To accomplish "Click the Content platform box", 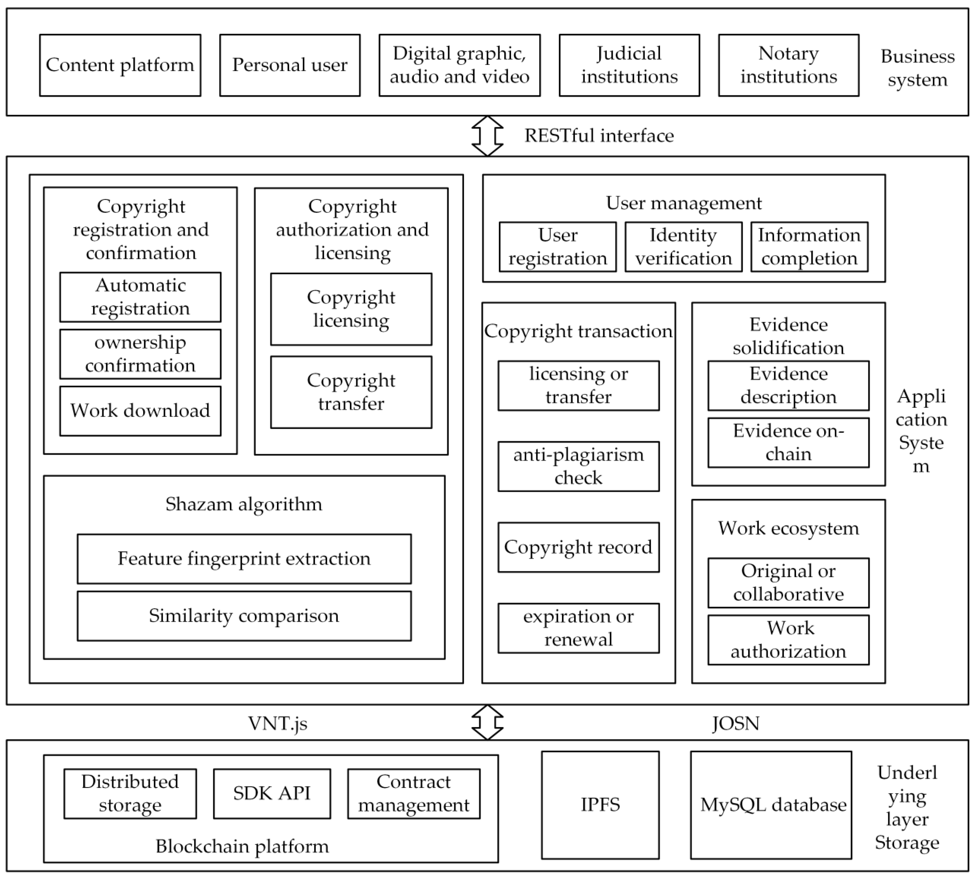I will [120, 65].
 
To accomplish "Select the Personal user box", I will [290, 65].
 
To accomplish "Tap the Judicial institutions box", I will [629, 65].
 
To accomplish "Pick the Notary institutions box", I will [788, 65].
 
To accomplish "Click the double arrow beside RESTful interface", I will [487, 136].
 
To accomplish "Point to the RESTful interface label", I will [599, 136].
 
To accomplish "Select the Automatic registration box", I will [140, 297].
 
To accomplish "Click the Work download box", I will [140, 411].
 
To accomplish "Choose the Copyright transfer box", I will [351, 392].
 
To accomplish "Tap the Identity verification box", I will [683, 247].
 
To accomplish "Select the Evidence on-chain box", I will [788, 442].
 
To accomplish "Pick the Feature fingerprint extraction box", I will [244, 558].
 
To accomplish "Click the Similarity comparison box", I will [244, 616].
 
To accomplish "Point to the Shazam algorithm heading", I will [244, 504].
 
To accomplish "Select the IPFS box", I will [600, 805].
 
